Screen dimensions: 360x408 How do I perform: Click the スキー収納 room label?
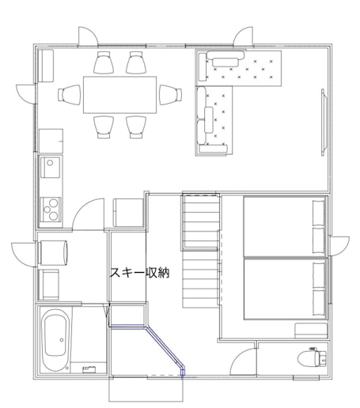[139, 273]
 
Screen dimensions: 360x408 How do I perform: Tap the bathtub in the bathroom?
[55, 340]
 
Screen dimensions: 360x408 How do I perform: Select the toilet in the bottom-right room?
[312, 358]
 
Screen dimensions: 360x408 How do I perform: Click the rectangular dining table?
[120, 95]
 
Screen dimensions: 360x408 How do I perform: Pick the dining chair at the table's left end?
[70, 95]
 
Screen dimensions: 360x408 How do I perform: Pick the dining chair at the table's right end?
[171, 95]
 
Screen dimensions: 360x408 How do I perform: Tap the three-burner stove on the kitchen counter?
[51, 210]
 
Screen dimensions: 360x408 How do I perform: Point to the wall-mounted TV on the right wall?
[324, 123]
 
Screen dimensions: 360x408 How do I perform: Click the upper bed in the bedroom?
[284, 226]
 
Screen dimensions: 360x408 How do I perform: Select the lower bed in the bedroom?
[284, 289]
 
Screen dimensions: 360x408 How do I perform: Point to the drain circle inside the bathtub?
[62, 340]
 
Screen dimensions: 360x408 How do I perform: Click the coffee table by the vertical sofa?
[209, 119]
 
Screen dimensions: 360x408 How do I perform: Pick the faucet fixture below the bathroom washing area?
[89, 369]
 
